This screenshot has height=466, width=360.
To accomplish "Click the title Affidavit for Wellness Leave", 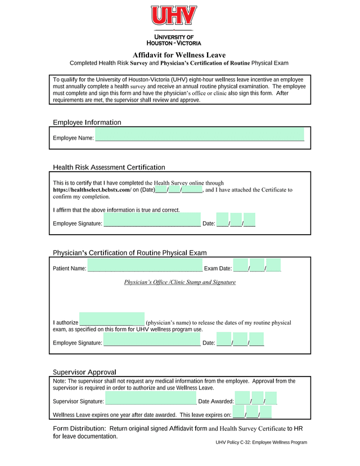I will pos(179,55).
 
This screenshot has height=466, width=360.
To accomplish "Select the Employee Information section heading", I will pos(87,122).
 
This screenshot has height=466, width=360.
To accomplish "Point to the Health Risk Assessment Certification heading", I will pos(109,167).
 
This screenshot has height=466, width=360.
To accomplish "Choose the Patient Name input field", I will pos(145,265).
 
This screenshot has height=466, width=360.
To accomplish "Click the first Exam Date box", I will pos(241,265).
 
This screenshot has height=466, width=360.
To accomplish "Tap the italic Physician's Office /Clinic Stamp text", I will pos(179,282).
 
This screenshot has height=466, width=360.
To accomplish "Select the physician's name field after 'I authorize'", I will pos(112,319).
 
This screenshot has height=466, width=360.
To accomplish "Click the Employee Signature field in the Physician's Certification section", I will pos(152,339).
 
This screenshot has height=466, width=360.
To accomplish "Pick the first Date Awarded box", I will pos(242,398).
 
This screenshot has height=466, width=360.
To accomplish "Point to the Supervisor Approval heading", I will pos(84,372).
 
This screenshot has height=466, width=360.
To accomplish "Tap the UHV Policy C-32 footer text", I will pos(261,442).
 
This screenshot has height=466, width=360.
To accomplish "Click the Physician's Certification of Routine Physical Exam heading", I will pos(129,253).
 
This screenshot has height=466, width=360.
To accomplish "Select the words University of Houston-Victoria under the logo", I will pos(173,39).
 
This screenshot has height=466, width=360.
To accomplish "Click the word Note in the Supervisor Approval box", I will pos(60,381).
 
